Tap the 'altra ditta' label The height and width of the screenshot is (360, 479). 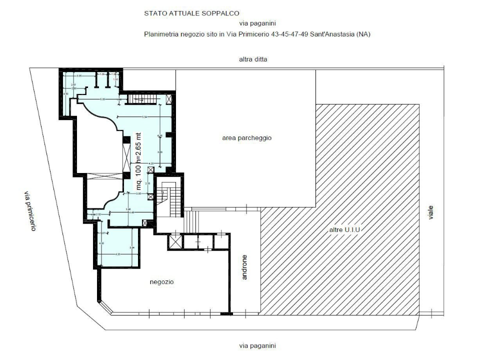coord(253,59)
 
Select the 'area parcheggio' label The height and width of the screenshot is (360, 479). coord(246,138)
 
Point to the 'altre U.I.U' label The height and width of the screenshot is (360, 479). coord(344,229)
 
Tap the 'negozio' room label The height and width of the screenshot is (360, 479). coord(161,282)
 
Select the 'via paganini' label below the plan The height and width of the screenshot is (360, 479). coord(257,345)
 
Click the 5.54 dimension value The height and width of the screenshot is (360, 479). coord(144,116)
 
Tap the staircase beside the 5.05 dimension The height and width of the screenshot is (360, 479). coord(141,99)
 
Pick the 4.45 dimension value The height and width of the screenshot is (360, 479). coord(131,213)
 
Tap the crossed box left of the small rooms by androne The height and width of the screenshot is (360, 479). coord(175,242)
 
